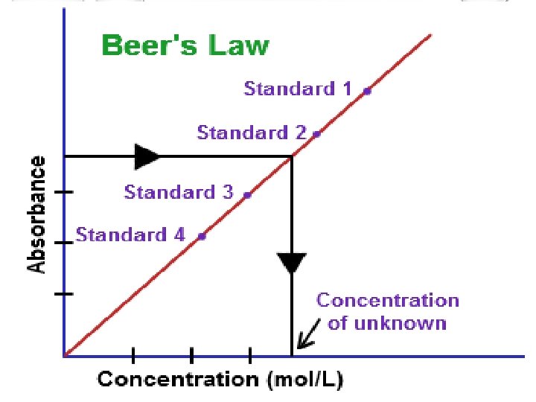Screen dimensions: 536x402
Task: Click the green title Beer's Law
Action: [x=185, y=46]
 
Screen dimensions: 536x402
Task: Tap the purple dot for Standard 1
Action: [x=367, y=91]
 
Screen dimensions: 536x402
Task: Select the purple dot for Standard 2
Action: [x=316, y=134]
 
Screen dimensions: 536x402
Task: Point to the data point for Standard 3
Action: [x=247, y=194]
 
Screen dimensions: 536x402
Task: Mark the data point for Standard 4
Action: [x=202, y=236]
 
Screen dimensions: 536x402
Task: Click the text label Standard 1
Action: [x=298, y=89]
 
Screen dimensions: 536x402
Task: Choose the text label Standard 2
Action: [x=251, y=133]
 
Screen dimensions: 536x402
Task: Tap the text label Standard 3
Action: [x=179, y=192]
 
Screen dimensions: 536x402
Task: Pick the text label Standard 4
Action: [x=130, y=235]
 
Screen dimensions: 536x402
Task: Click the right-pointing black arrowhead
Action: [x=147, y=156]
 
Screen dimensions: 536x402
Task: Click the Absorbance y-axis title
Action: [x=36, y=214]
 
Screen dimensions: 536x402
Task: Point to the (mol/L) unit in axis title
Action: [x=305, y=380]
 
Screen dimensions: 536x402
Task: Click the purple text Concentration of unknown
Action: [x=388, y=311]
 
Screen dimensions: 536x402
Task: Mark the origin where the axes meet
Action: [x=65, y=356]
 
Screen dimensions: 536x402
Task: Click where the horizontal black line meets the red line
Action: [x=291, y=156]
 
